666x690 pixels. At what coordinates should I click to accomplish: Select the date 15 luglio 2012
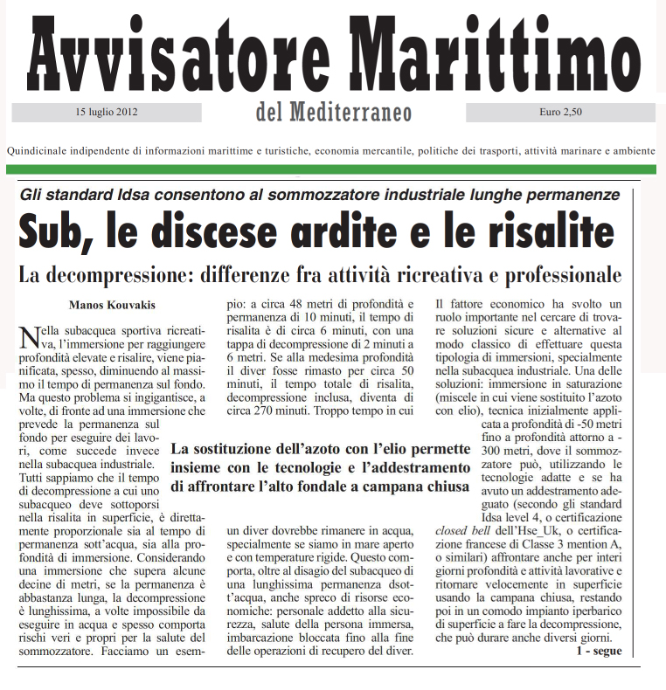tap(108, 112)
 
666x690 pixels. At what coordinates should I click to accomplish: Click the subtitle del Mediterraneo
tap(334, 113)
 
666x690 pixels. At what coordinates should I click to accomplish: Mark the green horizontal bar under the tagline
tap(332, 169)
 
